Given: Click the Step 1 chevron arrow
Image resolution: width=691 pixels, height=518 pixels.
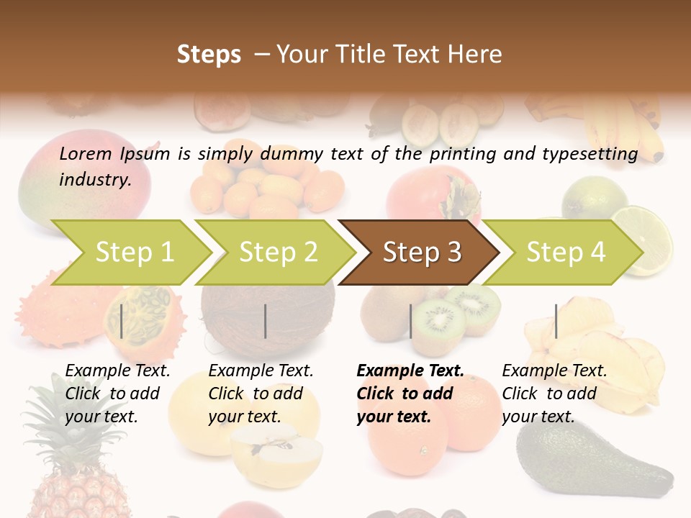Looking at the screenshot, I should tap(133, 253).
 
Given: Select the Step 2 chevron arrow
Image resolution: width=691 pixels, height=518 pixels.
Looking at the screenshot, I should tap(277, 253).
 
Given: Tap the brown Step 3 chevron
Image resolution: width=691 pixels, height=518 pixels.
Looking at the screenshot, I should tap(421, 253).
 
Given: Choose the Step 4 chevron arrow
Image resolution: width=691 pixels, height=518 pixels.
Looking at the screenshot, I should tap(565, 253).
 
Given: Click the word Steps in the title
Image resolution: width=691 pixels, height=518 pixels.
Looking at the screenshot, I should tap(209, 55).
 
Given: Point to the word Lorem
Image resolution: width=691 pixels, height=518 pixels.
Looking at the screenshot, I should tap(86, 153).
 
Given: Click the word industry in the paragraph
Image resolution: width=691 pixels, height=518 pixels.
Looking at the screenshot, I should tap(94, 180).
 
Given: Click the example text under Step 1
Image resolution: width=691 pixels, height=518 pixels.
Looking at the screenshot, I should tap(117, 393).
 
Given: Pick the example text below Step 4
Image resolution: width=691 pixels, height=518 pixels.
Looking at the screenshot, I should tap(554, 393).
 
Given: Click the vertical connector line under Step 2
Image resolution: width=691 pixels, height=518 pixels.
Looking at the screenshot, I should tap(266, 321).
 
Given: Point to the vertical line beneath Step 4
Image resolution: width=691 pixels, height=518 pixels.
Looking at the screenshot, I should tap(556, 321).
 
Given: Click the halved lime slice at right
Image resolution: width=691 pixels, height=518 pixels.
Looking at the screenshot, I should tap(644, 237).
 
